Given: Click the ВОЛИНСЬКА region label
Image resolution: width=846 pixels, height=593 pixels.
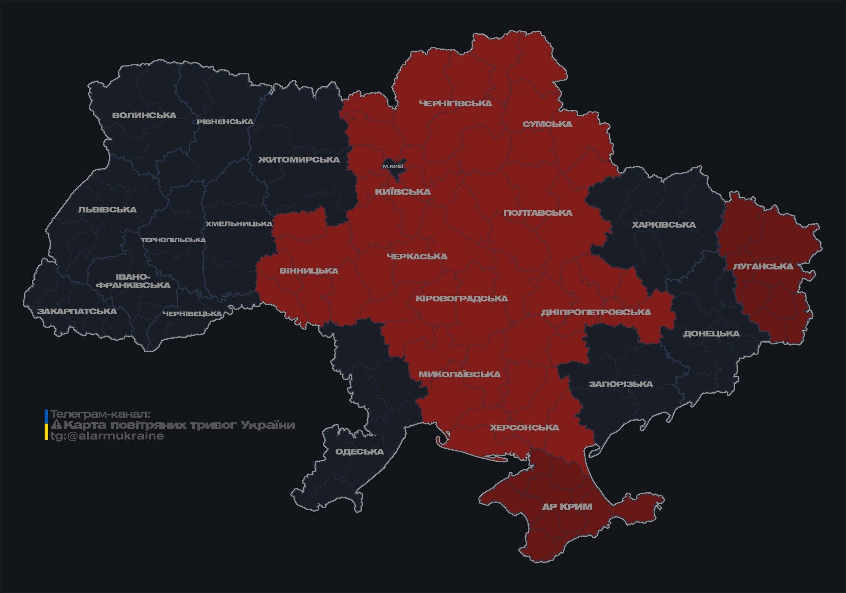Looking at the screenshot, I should tap(144, 115).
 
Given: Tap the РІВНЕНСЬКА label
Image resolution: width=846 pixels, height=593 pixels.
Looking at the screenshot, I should tap(225, 122).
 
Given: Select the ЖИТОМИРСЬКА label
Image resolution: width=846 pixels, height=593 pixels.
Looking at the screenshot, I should tap(299, 160).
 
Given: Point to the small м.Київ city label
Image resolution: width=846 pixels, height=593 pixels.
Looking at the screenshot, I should tap(393, 166).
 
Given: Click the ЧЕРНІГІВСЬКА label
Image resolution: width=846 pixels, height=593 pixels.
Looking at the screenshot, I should tap(455, 103).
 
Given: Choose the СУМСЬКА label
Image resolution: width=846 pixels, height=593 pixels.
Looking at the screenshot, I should tap(547, 124).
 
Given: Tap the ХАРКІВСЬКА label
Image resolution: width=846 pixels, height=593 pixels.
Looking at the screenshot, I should tap(664, 225).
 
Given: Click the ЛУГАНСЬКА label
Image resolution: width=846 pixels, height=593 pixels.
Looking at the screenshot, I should tap(763, 267).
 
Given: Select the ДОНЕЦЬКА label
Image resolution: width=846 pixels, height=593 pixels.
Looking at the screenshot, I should tap(711, 334).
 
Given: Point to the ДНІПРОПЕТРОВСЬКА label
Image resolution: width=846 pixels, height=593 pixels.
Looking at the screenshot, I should tap(596, 312).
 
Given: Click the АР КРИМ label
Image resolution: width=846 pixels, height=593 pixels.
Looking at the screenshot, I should tap(567, 507).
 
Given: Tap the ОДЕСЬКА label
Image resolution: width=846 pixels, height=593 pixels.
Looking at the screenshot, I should tap(359, 452).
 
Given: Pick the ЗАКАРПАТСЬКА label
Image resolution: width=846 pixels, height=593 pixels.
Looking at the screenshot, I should tap(77, 311).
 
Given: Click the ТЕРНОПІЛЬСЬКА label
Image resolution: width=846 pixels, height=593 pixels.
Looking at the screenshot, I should tap(173, 240).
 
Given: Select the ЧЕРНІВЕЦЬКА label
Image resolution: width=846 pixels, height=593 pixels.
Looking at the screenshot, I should tap(192, 314).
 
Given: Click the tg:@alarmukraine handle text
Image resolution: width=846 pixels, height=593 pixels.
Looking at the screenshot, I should tap(107, 436).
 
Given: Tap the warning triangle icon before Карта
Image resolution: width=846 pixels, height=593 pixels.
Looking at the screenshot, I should tap(56, 425).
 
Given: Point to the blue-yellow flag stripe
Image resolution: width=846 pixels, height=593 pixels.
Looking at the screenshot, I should tap(46, 425).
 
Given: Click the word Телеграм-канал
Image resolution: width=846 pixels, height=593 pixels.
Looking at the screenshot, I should tap(100, 414).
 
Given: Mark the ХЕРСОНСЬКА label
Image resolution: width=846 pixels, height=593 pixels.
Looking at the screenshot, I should tap(525, 427).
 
